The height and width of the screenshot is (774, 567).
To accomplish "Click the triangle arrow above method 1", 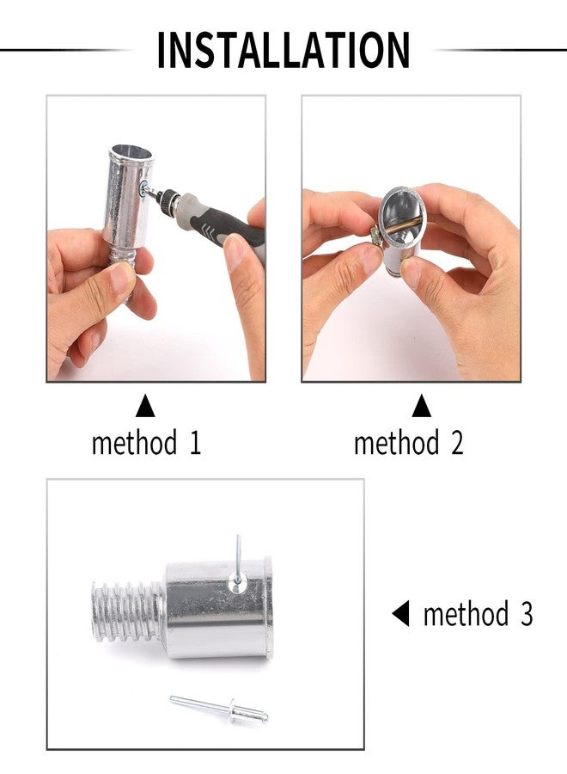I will point(145,405).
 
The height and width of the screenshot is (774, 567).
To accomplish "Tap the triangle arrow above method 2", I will point(420,405).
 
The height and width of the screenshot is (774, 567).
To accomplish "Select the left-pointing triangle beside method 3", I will point(399,614).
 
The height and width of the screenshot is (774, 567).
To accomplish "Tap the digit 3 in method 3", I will point(524,615).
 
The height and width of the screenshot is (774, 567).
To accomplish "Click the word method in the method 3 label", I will point(466,615).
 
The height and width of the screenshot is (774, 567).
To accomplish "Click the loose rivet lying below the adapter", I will point(220,708).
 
